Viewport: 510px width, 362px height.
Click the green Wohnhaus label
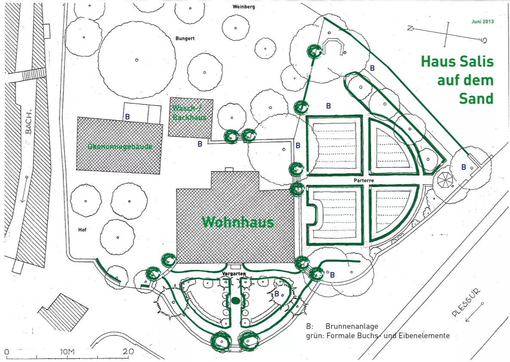pyautogui.click(x=238, y=222)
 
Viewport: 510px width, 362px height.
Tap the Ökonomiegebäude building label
pyautogui.click(x=120, y=147)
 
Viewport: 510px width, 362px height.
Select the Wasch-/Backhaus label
pyautogui.click(x=189, y=113)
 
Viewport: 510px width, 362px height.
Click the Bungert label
pyautogui.click(x=185, y=38)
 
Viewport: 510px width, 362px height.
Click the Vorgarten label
pyautogui.click(x=234, y=273)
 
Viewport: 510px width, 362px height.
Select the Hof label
pyautogui.click(x=82, y=230)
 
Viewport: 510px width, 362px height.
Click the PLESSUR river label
pyautogui.click(x=465, y=302)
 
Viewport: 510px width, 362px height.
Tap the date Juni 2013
pyautogui.click(x=482, y=21)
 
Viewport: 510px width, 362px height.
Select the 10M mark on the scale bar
pyautogui.click(x=67, y=352)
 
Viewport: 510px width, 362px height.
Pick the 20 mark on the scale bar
pyautogui.click(x=128, y=352)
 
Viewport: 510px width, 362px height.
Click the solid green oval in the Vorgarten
pyautogui.click(x=235, y=301)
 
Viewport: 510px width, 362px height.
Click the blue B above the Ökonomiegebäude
pyautogui.click(x=127, y=117)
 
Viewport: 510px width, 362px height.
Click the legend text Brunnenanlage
pyautogui.click(x=351, y=326)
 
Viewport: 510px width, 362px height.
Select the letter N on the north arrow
pyautogui.click(x=410, y=28)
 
